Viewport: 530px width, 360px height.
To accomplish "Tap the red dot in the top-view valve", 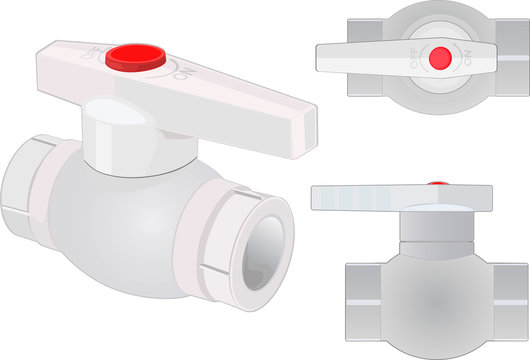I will point(439,59).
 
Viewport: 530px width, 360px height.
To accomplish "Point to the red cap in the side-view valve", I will point(437,184).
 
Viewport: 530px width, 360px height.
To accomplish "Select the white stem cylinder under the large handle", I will point(114,140).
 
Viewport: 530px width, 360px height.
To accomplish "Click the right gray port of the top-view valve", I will point(512,60).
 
